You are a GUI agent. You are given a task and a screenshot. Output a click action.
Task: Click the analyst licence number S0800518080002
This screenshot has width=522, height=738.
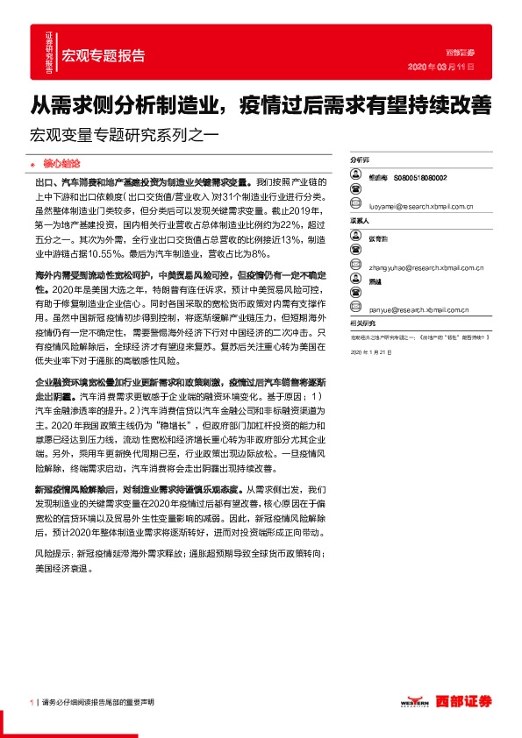(x=420, y=177)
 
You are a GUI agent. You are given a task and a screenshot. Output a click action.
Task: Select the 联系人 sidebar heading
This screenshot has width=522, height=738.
(x=361, y=221)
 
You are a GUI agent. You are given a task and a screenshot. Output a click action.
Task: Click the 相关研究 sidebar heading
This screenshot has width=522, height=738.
(x=362, y=323)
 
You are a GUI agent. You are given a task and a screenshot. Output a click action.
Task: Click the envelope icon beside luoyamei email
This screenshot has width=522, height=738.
(x=355, y=208)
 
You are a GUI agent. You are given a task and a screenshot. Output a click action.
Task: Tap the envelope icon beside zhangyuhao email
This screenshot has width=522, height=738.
(x=355, y=259)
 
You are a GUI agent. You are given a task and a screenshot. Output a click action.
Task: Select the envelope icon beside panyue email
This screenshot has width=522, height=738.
(x=355, y=309)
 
